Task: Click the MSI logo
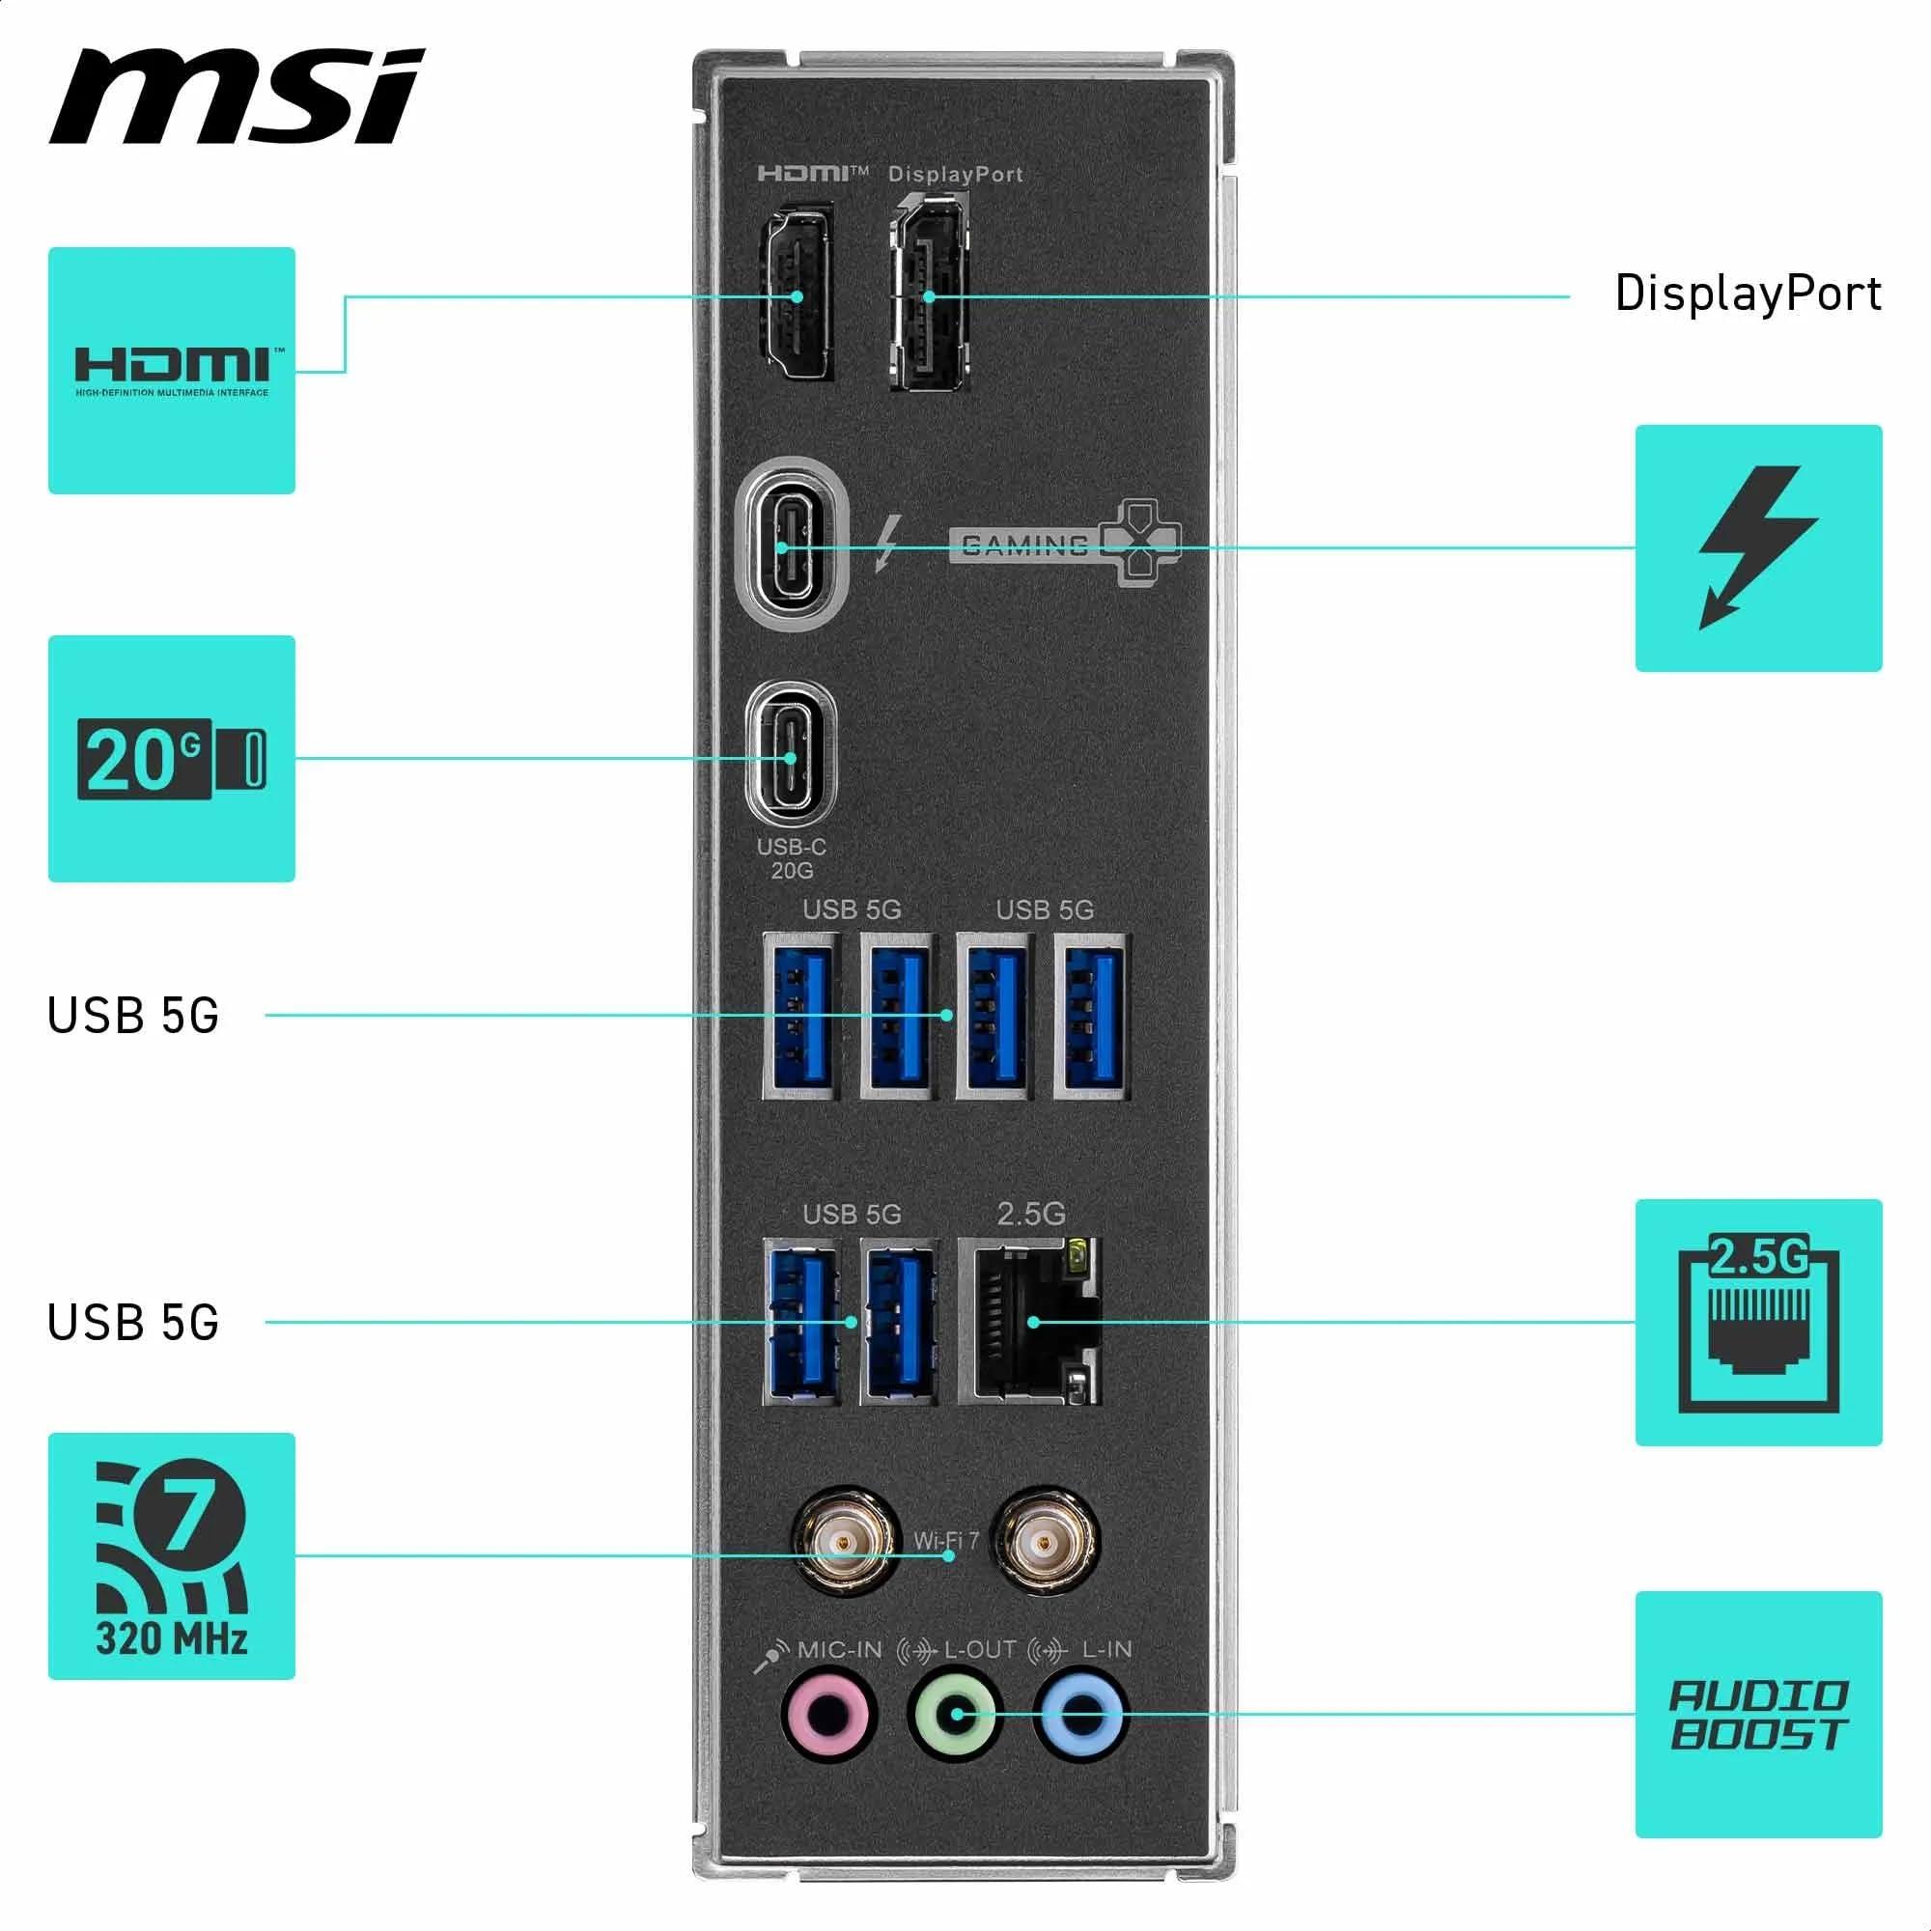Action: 237,97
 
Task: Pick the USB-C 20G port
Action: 791,757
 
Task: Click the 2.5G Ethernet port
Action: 1031,1322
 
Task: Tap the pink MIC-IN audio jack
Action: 826,1717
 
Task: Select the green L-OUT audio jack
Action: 956,1717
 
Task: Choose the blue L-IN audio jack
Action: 1082,1717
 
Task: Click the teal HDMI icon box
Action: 172,371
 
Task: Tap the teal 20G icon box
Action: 172,759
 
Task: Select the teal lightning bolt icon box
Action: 1758,547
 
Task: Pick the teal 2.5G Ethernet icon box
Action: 1758,1323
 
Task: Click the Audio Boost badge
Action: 1758,1715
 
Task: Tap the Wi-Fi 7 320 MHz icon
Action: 172,1556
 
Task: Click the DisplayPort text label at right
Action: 1749,294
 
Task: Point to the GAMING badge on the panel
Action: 1063,544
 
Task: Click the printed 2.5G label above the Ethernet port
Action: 1030,1215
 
